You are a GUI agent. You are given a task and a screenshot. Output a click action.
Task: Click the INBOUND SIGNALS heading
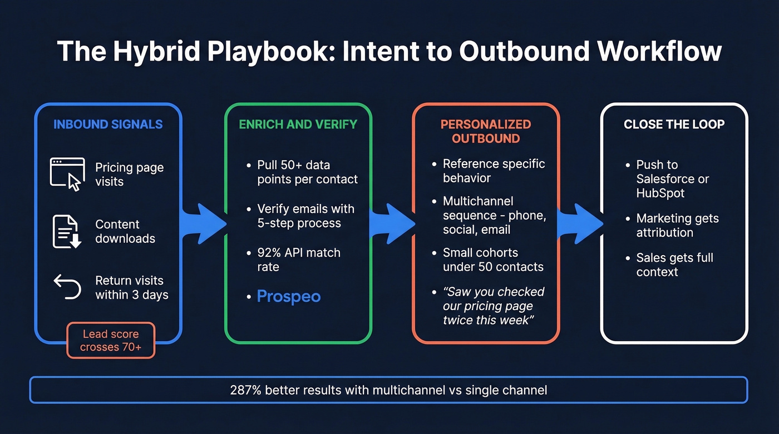click(x=108, y=124)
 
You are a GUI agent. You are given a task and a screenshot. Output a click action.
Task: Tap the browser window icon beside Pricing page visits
click(x=67, y=174)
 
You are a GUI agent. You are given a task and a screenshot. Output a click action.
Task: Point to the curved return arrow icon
click(x=67, y=287)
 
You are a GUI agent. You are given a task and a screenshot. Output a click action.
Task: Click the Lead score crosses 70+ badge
click(x=111, y=340)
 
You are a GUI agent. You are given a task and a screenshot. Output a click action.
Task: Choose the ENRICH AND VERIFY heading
click(x=298, y=124)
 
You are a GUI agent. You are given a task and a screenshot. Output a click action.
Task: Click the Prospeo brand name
click(x=288, y=296)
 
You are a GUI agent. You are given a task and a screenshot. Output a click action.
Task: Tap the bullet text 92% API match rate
click(x=298, y=260)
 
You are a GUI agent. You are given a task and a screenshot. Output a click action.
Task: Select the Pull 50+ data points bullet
click(x=307, y=172)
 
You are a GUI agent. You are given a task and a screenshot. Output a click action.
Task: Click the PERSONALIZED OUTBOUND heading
click(x=485, y=131)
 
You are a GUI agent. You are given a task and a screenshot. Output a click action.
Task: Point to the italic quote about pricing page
click(x=493, y=306)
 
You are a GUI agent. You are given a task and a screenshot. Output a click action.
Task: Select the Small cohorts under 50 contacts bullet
click(x=492, y=260)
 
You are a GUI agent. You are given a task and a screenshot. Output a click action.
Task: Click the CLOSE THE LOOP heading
click(x=674, y=124)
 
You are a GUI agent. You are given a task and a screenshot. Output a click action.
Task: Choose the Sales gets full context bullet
click(x=674, y=265)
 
